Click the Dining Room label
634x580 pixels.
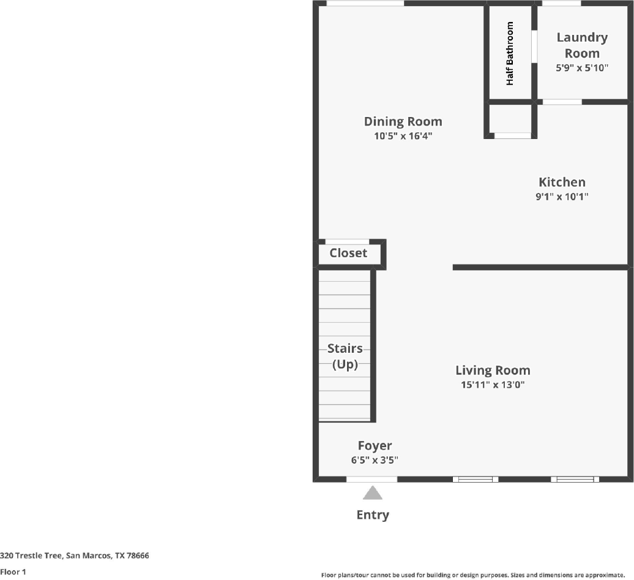tap(403, 121)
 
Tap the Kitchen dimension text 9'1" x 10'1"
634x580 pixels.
tap(562, 197)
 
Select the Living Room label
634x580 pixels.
tap(493, 371)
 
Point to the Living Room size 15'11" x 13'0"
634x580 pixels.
tap(493, 385)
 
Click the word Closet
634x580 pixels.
tap(348, 253)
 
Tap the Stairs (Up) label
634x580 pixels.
tap(345, 356)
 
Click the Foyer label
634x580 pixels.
tap(375, 446)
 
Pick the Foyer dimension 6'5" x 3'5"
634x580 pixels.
tap(375, 460)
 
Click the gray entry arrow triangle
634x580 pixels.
tap(373, 493)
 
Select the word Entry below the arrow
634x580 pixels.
tap(373, 515)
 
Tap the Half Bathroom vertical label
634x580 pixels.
tap(509, 53)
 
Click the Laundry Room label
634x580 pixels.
tap(582, 45)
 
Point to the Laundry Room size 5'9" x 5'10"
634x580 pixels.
tap(582, 67)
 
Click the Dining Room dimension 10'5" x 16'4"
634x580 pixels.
tap(403, 135)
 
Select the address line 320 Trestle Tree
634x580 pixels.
tap(75, 556)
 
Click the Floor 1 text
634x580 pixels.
tap(13, 572)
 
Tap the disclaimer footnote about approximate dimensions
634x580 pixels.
tap(473, 575)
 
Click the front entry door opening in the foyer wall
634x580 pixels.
tap(372, 479)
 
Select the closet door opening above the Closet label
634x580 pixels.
tap(348, 242)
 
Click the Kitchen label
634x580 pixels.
tap(562, 182)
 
